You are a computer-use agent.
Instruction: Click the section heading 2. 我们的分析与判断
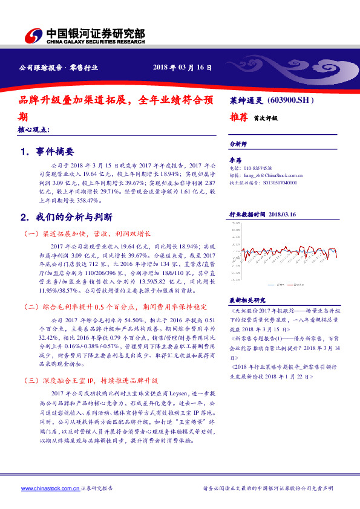[66, 216]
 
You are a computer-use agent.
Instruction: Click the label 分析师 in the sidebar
[238, 145]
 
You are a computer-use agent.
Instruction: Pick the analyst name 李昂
[236, 159]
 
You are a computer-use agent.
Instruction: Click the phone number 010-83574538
[257, 167]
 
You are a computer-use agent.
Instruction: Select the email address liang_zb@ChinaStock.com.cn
[269, 173]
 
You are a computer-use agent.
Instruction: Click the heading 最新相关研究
[247, 299]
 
